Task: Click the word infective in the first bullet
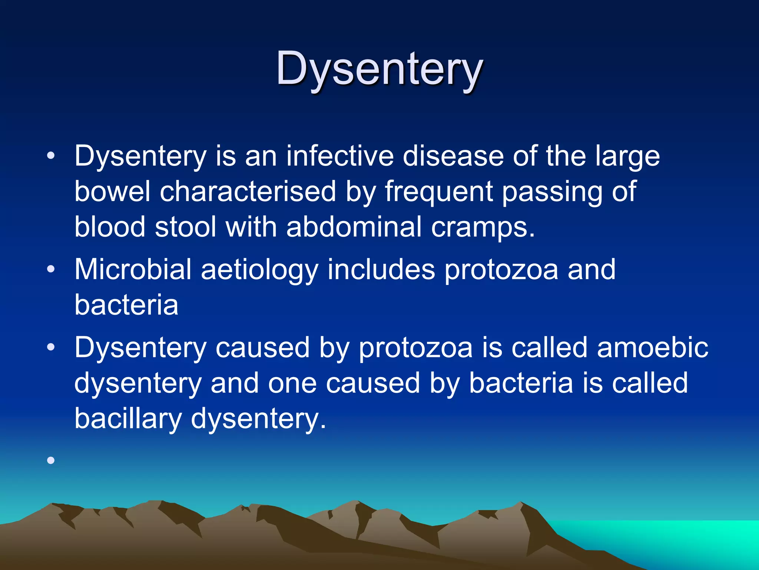click(339, 156)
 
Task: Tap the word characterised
click(248, 191)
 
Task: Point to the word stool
click(185, 227)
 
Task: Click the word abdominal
click(354, 227)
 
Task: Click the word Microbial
click(133, 269)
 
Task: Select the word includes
click(381, 269)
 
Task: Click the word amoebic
click(652, 348)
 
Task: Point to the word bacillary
click(128, 419)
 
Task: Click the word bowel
click(112, 191)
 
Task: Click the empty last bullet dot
click(51, 461)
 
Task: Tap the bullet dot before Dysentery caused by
click(51, 347)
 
